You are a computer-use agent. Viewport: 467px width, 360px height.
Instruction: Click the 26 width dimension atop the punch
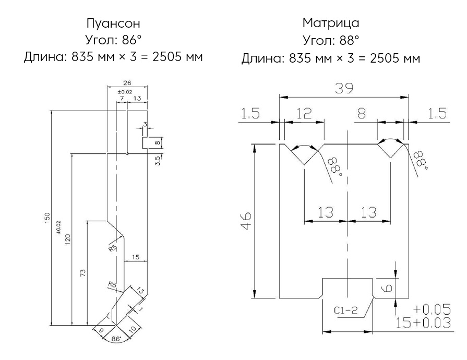(127, 82)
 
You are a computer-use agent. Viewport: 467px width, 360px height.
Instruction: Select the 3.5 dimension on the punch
(158, 160)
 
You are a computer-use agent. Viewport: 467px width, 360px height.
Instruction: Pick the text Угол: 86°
(113, 40)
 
